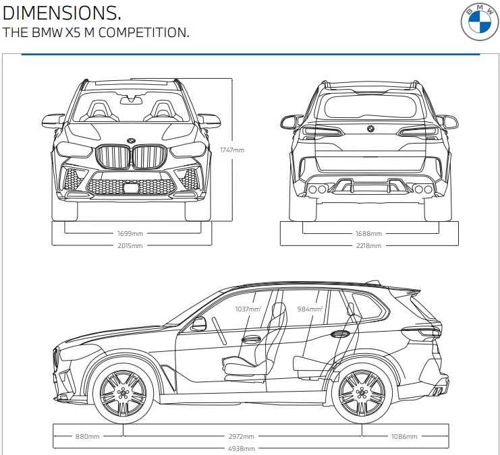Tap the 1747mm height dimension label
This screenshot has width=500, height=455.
(231, 150)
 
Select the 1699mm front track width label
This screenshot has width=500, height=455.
(130, 233)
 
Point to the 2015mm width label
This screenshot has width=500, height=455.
(130, 245)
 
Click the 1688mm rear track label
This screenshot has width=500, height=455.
(368, 233)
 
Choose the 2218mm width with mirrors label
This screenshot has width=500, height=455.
(368, 245)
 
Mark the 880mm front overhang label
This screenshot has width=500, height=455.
(87, 436)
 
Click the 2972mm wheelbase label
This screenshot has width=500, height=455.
(241, 436)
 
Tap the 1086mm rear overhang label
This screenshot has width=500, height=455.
(404, 436)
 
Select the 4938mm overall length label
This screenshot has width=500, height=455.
(241, 448)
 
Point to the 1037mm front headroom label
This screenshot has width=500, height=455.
(248, 309)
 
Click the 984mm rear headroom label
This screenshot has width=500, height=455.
(310, 309)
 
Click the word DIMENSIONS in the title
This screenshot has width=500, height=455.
(62, 13)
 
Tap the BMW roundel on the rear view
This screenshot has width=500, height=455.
(370, 129)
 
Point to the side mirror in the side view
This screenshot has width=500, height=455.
(198, 324)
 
